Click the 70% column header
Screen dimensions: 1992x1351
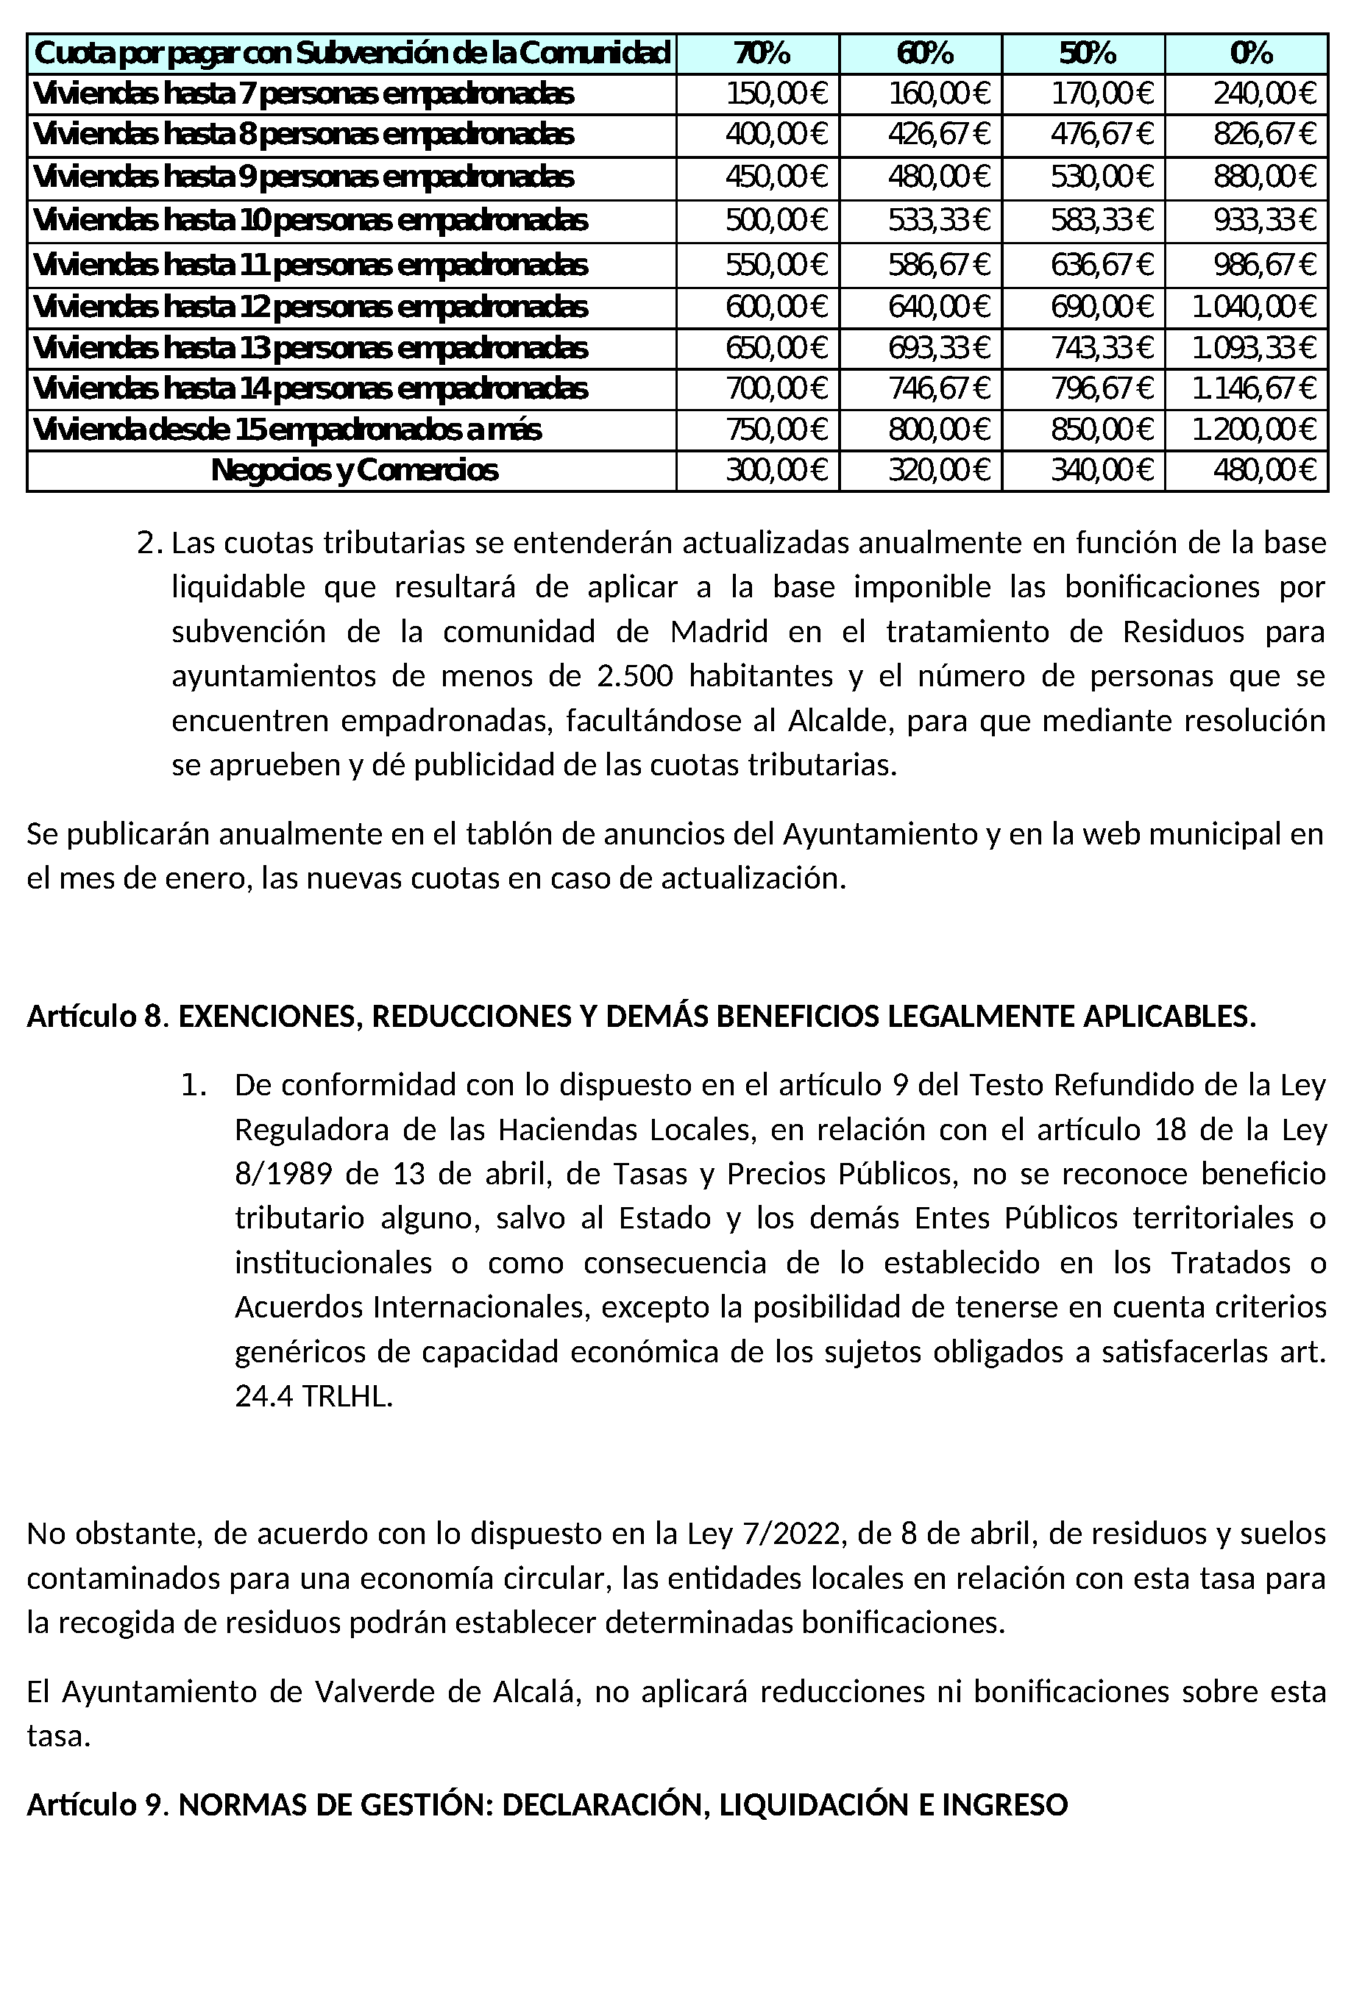758,53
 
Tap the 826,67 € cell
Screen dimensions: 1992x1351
1263,135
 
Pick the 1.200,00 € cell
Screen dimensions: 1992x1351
1253,430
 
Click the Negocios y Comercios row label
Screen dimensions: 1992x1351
353,471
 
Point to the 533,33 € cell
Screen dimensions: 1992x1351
939,221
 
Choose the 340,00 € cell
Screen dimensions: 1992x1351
1102,471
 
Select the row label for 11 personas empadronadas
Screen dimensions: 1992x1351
310,266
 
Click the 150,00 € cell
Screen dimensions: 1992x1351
776,93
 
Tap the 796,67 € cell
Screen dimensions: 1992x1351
1102,389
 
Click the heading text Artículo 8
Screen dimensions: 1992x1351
94,1017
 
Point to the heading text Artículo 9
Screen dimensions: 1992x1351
94,1805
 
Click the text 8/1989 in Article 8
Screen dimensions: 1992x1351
283,1174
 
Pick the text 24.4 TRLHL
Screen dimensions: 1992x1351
313,1397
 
